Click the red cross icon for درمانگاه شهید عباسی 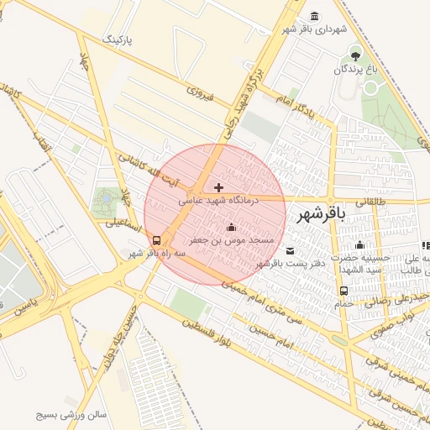click(x=219, y=187)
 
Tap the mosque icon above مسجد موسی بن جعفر click(x=232, y=227)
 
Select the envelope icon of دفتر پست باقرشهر click(x=291, y=250)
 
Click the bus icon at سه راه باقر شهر click(x=157, y=239)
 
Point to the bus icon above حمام click(x=343, y=291)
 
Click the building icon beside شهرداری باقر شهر click(x=314, y=16)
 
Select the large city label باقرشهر click(x=322, y=216)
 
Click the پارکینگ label click(x=118, y=39)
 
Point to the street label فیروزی click(x=201, y=94)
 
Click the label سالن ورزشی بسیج click(x=71, y=415)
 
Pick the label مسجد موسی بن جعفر click(x=231, y=240)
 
